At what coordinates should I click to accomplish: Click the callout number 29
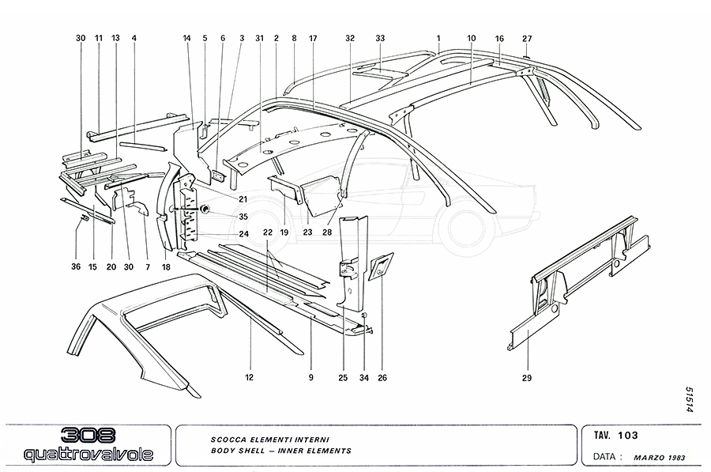click(527, 378)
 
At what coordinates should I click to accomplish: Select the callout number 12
click(249, 378)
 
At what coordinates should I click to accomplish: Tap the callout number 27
click(527, 38)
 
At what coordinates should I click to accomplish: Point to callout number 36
click(76, 267)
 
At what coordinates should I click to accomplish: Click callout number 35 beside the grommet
click(243, 216)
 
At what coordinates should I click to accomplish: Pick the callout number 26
click(382, 378)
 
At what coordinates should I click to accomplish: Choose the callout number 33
click(380, 38)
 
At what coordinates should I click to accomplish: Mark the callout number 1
click(438, 38)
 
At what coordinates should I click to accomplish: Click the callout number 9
click(311, 378)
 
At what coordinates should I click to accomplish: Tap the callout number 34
click(363, 378)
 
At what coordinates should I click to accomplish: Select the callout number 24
click(244, 234)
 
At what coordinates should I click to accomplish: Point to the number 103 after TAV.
click(629, 436)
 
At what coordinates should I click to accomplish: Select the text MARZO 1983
click(664, 456)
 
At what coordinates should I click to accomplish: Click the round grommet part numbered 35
click(205, 209)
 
